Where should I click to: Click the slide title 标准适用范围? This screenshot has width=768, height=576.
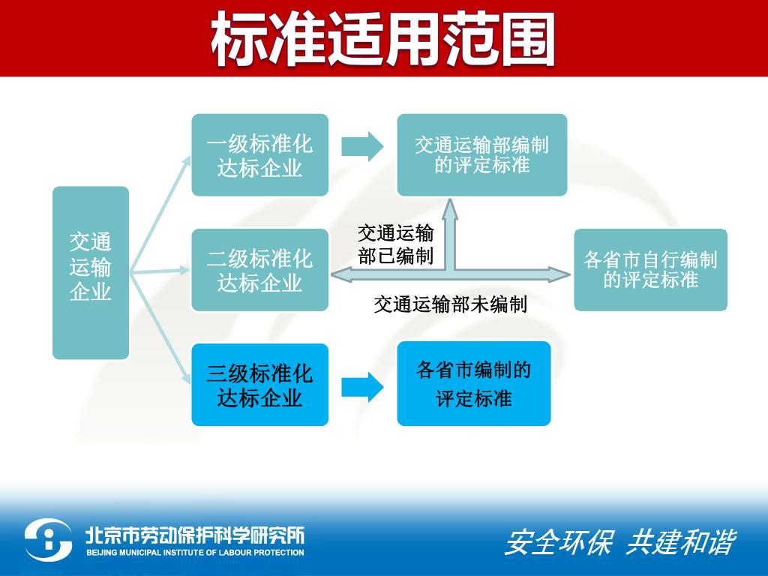[x=383, y=39]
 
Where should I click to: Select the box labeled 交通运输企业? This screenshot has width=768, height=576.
[x=91, y=272]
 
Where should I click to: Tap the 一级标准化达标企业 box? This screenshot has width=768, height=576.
[x=259, y=155]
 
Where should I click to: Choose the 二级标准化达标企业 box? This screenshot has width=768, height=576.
[x=259, y=270]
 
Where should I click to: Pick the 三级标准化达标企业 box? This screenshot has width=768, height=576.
[x=259, y=385]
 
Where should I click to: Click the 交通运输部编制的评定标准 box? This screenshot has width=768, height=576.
[x=481, y=155]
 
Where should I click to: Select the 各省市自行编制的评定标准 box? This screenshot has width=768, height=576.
[x=650, y=270]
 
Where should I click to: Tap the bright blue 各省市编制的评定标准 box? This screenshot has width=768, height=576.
[x=474, y=383]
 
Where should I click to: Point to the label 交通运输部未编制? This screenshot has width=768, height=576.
[x=450, y=304]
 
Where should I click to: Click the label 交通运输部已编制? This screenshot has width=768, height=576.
[x=395, y=244]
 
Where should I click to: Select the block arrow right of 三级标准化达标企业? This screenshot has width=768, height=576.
[x=362, y=386]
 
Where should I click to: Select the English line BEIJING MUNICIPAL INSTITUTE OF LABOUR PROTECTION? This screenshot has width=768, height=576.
[x=194, y=553]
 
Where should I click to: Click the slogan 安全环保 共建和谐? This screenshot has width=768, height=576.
[x=619, y=542]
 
